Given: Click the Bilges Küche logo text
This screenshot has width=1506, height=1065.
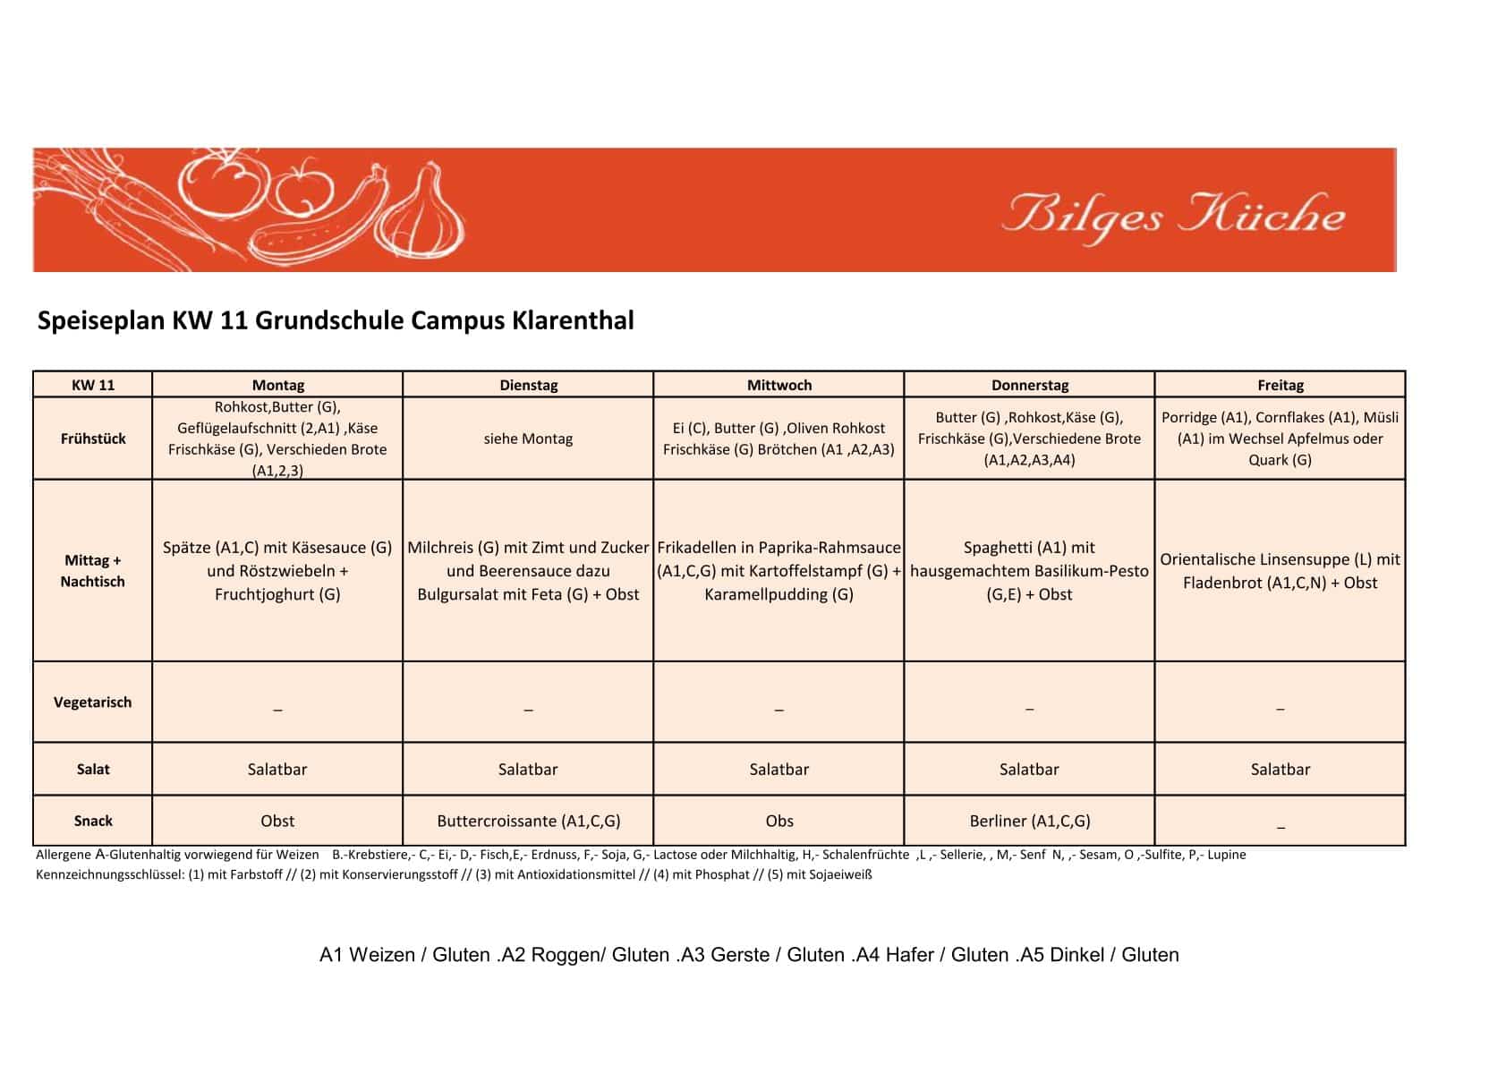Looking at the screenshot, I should pyautogui.click(x=1173, y=216).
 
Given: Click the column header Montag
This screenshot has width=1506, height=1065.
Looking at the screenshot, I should pyautogui.click(x=277, y=385).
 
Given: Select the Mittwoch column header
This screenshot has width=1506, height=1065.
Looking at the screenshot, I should pyautogui.click(x=779, y=385).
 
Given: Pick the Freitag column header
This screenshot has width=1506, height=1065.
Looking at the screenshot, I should pyautogui.click(x=1280, y=385).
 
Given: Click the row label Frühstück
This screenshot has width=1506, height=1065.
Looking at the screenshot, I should pyautogui.click(x=93, y=439).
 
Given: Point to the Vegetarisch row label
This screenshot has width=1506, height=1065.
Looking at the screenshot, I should pyautogui.click(x=93, y=703).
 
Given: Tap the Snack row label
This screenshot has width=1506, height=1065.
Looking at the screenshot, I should pyautogui.click(x=93, y=821).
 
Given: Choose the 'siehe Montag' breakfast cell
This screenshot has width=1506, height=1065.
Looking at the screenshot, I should pyautogui.click(x=528, y=439).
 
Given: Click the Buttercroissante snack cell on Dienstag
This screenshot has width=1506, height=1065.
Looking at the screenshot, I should pyautogui.click(x=528, y=821).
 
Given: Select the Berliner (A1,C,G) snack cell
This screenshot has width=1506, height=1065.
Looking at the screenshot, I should pyautogui.click(x=1029, y=821).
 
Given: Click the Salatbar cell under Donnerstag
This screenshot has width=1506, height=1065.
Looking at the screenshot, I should pyautogui.click(x=1029, y=769).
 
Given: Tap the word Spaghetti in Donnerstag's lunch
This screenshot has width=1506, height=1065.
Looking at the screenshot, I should pyautogui.click(x=997, y=548).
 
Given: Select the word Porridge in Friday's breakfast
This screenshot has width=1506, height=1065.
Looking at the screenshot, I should pyautogui.click(x=1189, y=417).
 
